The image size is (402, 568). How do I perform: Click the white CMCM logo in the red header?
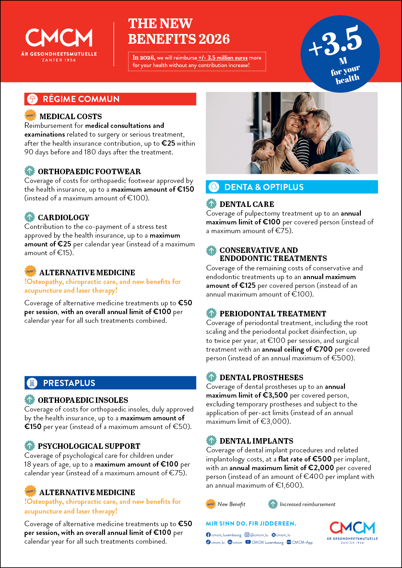pyautogui.click(x=59, y=38)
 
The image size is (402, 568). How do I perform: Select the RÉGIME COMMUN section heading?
pyautogui.click(x=81, y=99)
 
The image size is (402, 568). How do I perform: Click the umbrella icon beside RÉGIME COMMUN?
pyautogui.click(x=32, y=99)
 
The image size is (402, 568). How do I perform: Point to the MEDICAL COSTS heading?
pyautogui.click(x=70, y=117)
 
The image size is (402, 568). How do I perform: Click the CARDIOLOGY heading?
pyautogui.click(x=64, y=218)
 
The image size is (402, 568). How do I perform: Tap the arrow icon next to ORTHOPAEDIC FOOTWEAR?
pyautogui.click(x=30, y=171)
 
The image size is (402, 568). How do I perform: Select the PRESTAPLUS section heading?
pyautogui.click(x=69, y=383)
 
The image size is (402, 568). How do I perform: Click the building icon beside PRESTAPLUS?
pyautogui.click(x=32, y=383)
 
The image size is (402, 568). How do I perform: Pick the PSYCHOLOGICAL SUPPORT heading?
pyautogui.click(x=89, y=446)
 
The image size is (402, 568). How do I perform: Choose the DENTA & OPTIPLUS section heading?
pyautogui.click(x=264, y=187)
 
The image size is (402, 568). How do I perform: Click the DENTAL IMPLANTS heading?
pyautogui.click(x=256, y=441)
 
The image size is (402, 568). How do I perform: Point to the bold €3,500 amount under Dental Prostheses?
pyautogui.click(x=275, y=395)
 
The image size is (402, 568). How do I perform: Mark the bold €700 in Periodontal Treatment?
pyautogui.click(x=323, y=349)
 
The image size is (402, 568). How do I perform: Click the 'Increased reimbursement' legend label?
pyautogui.click(x=307, y=505)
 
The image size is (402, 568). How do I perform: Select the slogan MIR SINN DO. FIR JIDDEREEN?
pyautogui.click(x=251, y=524)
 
